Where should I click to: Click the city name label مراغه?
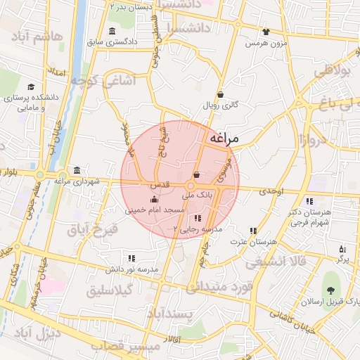pyautogui.click(x=224, y=139)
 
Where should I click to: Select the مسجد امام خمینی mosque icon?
pyautogui.click(x=155, y=200)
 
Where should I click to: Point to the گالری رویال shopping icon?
pyautogui.click(x=220, y=95)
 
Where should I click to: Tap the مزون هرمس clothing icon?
pyautogui.click(x=265, y=32)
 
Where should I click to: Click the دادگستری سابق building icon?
pyautogui.click(x=113, y=31)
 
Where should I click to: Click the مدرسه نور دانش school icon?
pyautogui.click(x=131, y=259)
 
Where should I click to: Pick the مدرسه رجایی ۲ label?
pyautogui.click(x=198, y=229)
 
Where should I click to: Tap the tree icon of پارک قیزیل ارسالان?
pyautogui.click(x=329, y=290)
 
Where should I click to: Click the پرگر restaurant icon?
pyautogui.click(x=342, y=249)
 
